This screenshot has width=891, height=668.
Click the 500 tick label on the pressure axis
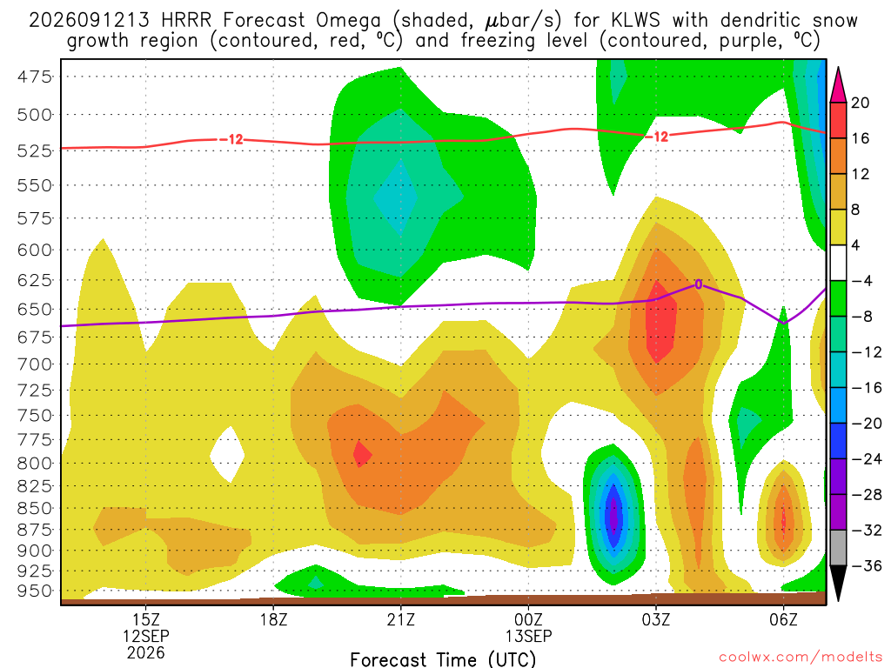pos(35,115)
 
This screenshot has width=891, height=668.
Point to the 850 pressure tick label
pos(35,508)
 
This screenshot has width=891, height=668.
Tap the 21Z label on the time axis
pos(401,619)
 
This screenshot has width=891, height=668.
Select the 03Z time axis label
pos(656,619)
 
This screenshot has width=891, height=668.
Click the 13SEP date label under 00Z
pos(528,636)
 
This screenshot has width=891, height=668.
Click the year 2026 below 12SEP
pos(146,652)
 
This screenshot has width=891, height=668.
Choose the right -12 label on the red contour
pos(657,137)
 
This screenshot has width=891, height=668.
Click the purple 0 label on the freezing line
pos(699,284)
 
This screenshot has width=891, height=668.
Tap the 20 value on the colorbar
pos(861,103)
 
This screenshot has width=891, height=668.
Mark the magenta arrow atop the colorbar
pos(838,86)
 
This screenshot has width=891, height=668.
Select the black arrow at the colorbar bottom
pos(838,582)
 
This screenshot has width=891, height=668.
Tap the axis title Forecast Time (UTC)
pos(443,659)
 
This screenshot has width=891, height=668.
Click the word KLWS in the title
pos(636,21)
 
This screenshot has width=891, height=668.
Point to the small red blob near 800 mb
pos(361,454)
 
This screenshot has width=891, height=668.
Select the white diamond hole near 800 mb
pos(227,455)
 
